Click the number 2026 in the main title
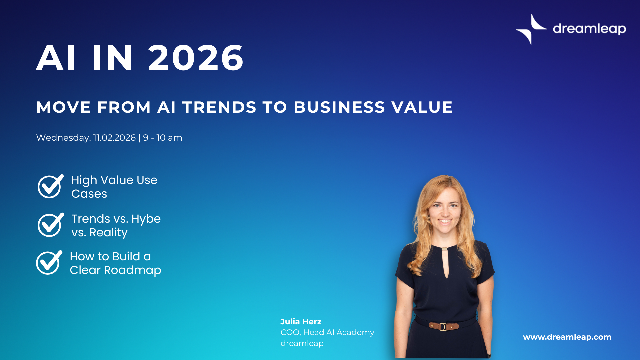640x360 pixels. click(x=196, y=58)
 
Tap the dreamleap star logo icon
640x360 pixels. click(x=531, y=29)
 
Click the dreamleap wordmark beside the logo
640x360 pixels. click(x=589, y=29)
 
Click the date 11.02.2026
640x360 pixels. click(x=114, y=138)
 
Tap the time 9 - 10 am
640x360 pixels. click(x=163, y=138)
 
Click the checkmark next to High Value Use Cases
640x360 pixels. click(x=50, y=186)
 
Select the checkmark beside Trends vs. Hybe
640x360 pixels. click(x=50, y=225)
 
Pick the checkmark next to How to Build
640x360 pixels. click(x=49, y=263)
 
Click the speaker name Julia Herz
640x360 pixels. click(x=301, y=322)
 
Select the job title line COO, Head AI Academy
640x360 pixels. click(x=327, y=332)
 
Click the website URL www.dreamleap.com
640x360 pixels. click(x=567, y=337)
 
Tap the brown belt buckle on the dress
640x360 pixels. click(x=443, y=326)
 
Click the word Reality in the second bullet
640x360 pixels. click(x=108, y=233)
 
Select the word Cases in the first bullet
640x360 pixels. click(x=89, y=194)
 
